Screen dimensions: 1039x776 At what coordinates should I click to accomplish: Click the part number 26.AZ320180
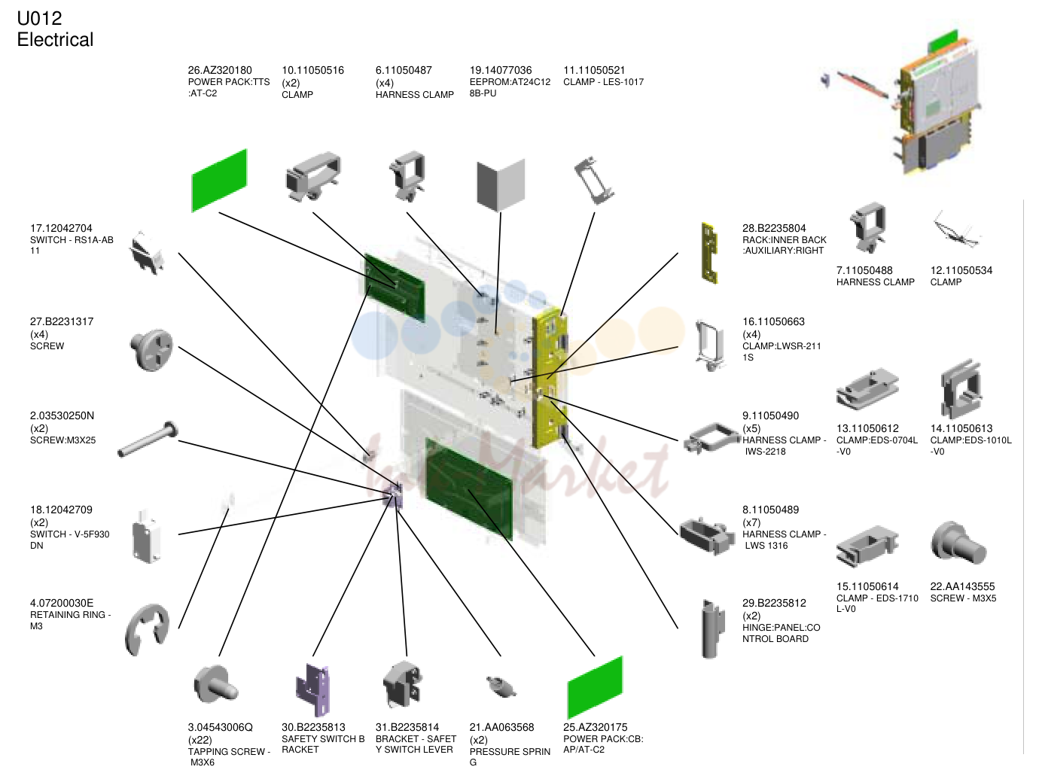[220, 71]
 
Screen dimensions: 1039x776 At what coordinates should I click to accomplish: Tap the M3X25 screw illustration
[148, 439]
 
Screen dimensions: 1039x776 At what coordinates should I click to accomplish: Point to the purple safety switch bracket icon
[312, 689]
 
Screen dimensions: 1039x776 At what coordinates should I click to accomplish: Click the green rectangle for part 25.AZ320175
[595, 687]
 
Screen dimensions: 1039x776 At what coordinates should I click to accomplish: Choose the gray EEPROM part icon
[501, 185]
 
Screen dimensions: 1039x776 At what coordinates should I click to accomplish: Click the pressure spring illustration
[501, 687]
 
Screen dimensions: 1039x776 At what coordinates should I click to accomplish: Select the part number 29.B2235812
[774, 604]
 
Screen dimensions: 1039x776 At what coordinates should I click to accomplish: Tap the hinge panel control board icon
[712, 628]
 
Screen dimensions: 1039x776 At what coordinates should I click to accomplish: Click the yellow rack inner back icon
[709, 253]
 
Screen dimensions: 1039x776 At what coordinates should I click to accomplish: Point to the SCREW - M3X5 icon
[958, 543]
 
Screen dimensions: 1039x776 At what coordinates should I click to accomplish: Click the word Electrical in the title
[56, 40]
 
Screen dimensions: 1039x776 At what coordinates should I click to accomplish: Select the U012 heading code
[39, 19]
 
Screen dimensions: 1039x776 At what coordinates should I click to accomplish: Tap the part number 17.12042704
[61, 229]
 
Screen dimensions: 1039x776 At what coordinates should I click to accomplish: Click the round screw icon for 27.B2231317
[151, 350]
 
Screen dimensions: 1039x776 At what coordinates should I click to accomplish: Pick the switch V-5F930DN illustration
[147, 536]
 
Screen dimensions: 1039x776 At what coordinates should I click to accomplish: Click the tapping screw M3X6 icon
[215, 684]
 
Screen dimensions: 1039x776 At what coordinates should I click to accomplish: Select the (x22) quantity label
[200, 740]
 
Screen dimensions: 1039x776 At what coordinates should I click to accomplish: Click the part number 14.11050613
[961, 429]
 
